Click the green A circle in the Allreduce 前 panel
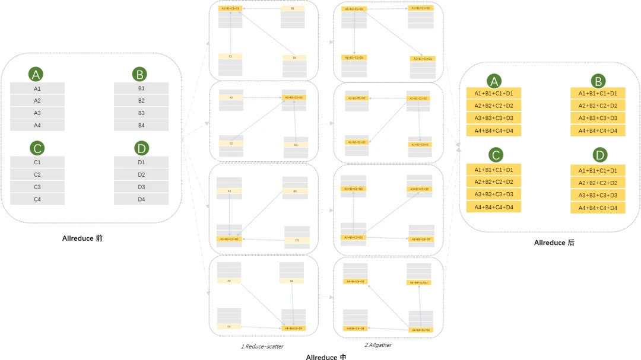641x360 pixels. click(x=36, y=74)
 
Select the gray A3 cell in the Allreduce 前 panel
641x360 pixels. click(x=37, y=113)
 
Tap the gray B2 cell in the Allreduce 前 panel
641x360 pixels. click(x=141, y=101)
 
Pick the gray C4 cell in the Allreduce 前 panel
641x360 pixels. click(x=37, y=199)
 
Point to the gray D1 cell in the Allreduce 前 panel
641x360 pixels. click(x=141, y=162)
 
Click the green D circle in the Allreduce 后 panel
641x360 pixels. click(x=600, y=155)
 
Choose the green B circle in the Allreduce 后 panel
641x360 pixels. click(x=598, y=81)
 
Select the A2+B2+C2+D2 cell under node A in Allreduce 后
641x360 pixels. click(x=493, y=106)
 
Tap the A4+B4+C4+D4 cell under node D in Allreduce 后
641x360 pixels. click(x=598, y=208)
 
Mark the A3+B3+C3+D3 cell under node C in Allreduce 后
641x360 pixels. click(x=493, y=195)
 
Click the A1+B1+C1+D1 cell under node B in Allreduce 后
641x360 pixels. click(x=598, y=93)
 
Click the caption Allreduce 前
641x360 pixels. click(x=82, y=238)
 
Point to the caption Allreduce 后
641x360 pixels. click(x=554, y=243)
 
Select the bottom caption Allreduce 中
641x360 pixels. click(x=326, y=356)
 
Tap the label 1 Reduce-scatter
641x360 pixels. click(x=262, y=346)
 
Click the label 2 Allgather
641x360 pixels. click(x=378, y=345)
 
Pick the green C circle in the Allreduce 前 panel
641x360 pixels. click(x=36, y=148)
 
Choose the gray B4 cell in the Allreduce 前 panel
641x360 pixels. click(x=141, y=125)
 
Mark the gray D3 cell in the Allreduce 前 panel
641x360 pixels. click(x=141, y=187)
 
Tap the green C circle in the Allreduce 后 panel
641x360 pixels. click(x=495, y=155)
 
